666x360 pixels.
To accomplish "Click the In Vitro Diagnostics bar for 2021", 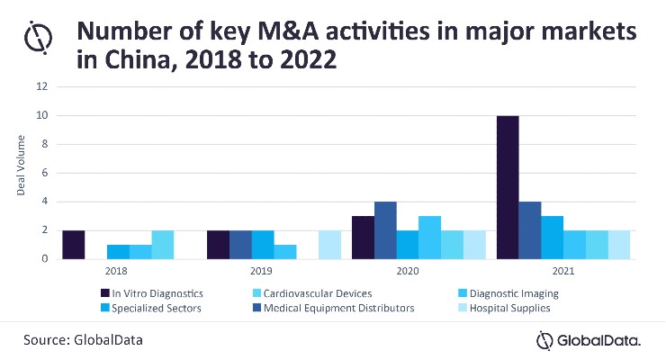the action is pos(508,187).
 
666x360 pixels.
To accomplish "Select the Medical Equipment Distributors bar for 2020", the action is pos(385,230).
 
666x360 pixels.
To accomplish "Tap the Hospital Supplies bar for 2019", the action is pos(329,245).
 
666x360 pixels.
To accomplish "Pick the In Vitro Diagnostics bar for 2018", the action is pos(74,245).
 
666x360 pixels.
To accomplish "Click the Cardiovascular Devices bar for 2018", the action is pos(163,245).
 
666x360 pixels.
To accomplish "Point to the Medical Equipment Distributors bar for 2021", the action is pos(530,230).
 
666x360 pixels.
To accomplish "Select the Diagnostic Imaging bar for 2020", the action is pos(430,238).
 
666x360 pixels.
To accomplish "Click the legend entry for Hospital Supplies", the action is pos(504,308).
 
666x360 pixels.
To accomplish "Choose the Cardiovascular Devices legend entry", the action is pos(312,293).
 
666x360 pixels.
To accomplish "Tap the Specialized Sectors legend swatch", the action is pos(105,308).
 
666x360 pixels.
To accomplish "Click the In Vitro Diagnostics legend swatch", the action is pos(105,292).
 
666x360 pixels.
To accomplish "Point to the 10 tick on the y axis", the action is pos(42,115).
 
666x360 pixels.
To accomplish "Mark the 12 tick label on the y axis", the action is pos(42,86).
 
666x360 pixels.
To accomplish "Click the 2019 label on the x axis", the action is pos(261,271).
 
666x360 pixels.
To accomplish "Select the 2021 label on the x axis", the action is pos(563,271).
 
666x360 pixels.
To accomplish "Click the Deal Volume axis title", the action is pos(21,166).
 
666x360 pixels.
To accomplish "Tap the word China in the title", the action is pos(142,59).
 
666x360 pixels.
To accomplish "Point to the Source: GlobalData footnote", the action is pos(83,340).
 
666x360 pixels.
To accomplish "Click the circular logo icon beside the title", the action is pos(38,38).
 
